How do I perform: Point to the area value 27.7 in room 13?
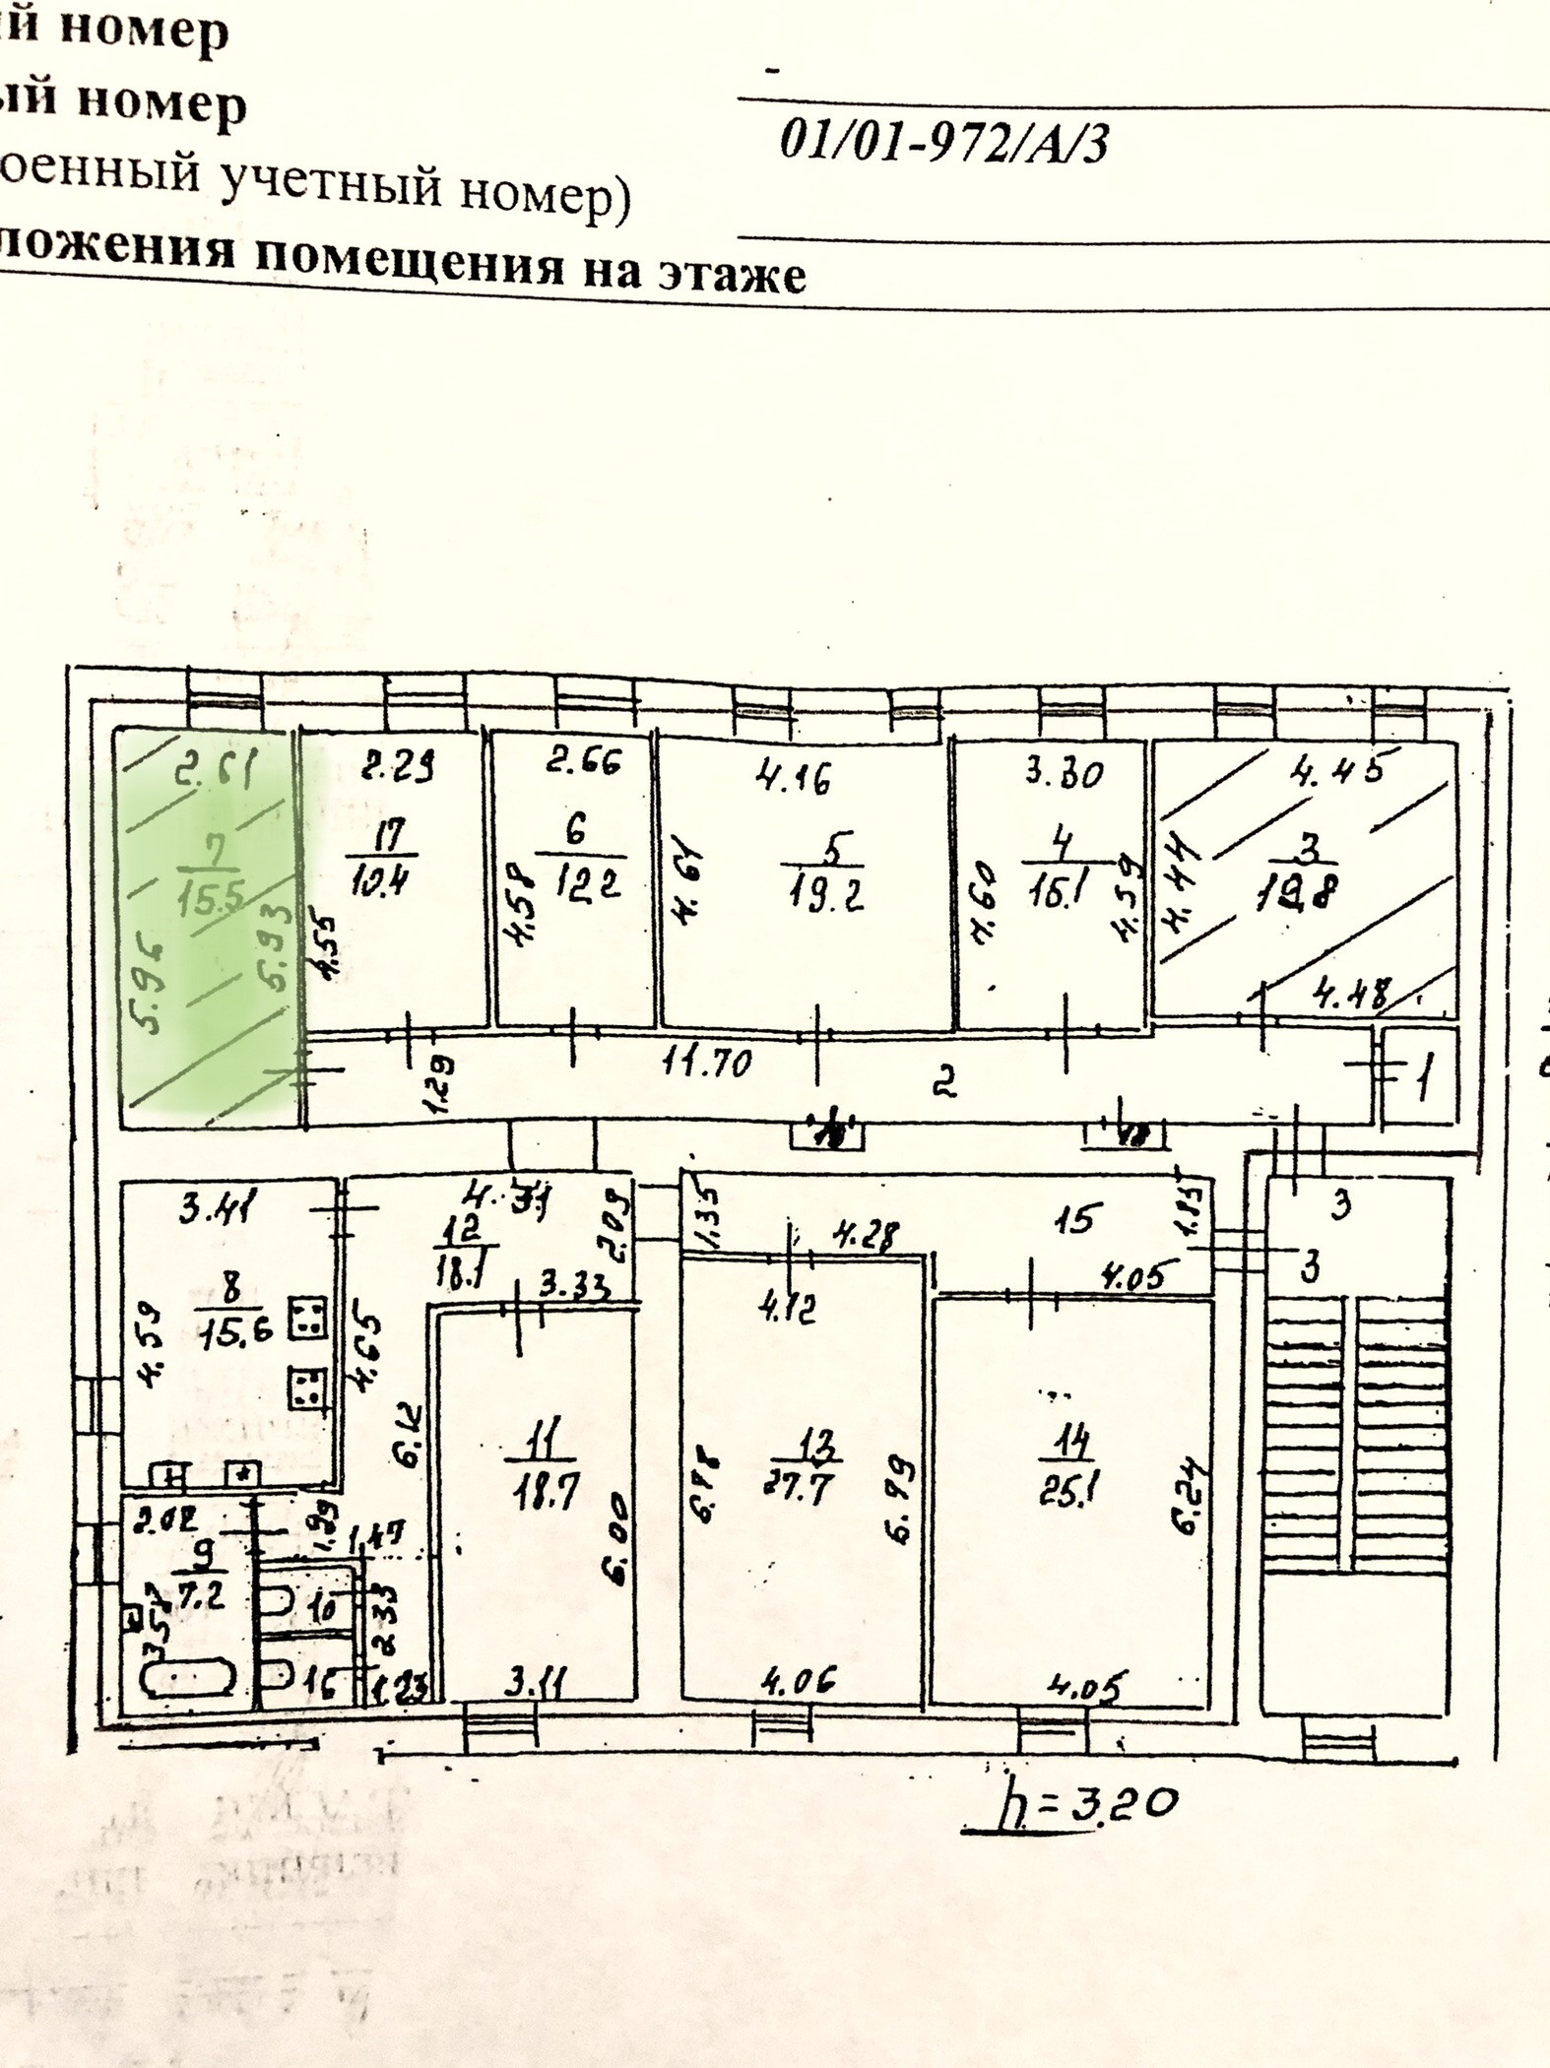click(x=799, y=1484)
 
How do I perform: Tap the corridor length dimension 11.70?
click(x=708, y=1063)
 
